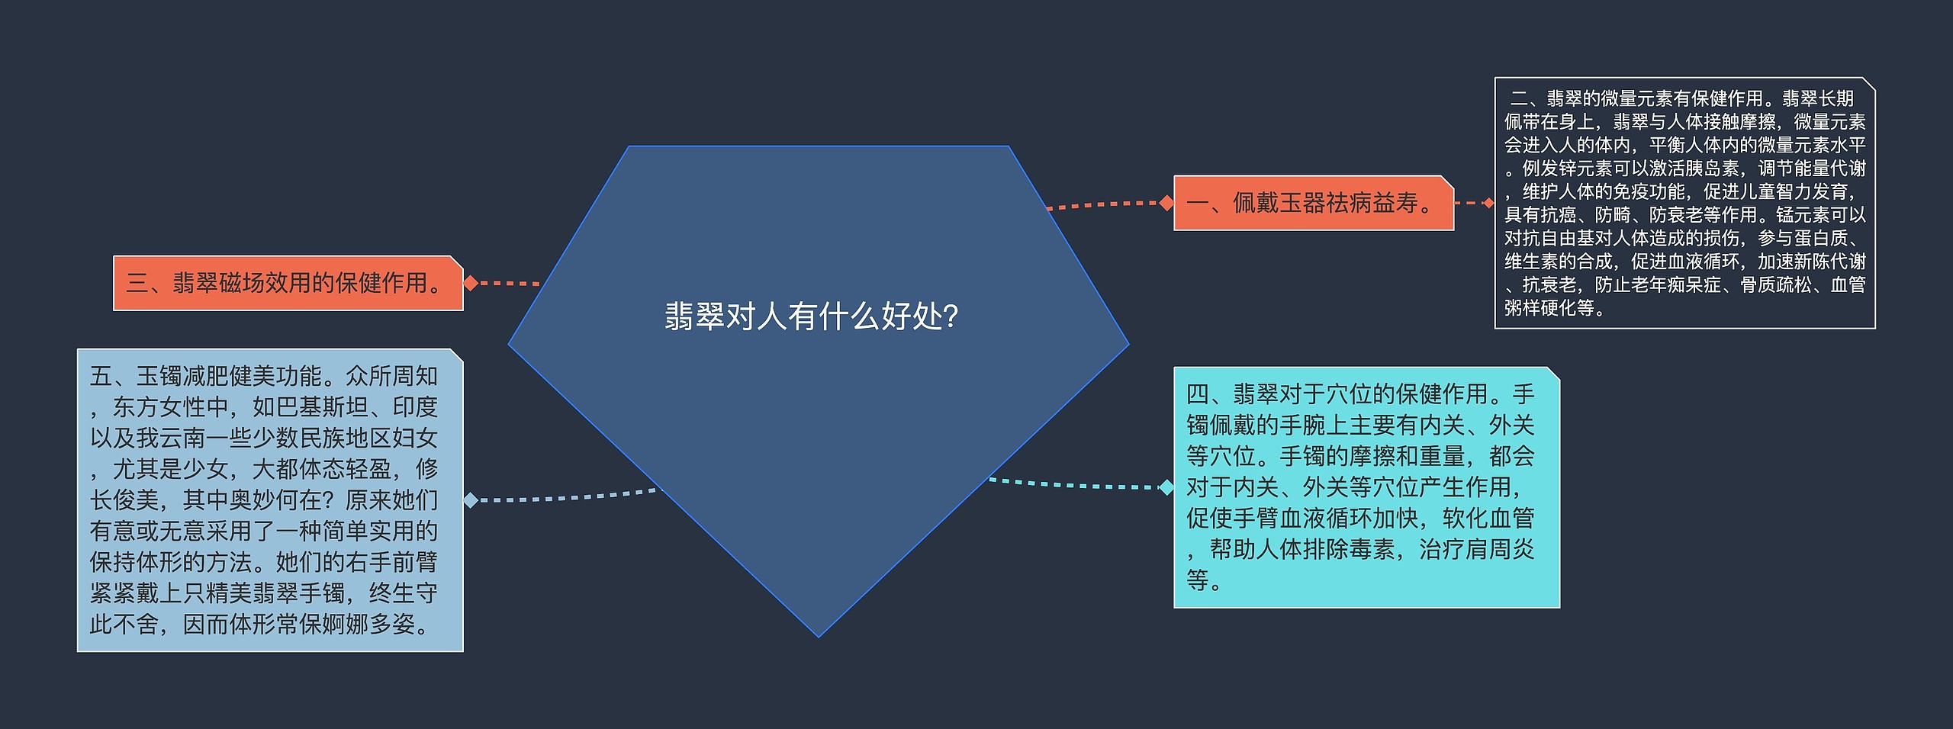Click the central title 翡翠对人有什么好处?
point(811,316)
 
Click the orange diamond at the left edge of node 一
point(1166,203)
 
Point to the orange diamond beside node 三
point(471,284)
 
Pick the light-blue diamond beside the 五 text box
point(471,500)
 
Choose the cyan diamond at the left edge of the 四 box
point(1166,487)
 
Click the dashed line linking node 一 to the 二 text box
point(1472,203)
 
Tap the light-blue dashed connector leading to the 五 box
point(565,498)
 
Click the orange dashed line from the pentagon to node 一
point(1106,204)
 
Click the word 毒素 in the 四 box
point(1372,550)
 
